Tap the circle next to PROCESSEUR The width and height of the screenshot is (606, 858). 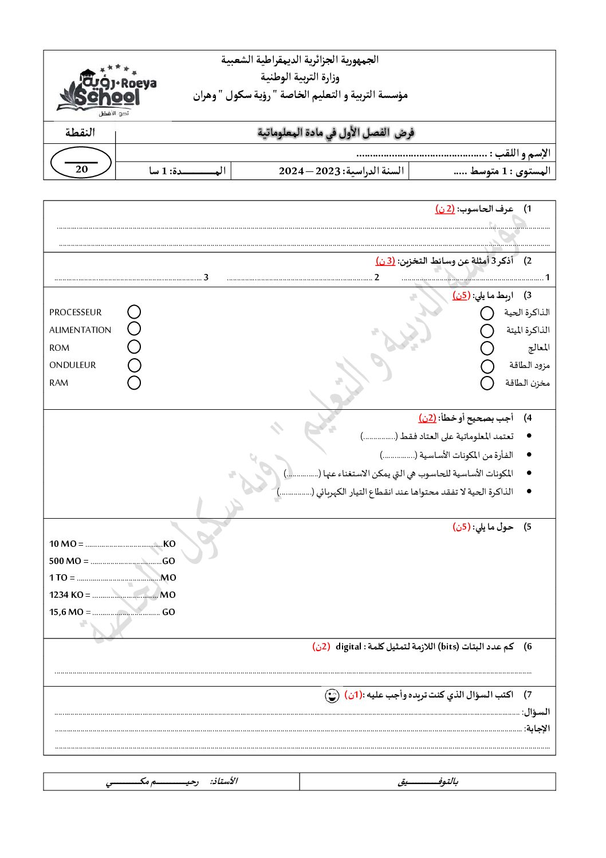click(134, 312)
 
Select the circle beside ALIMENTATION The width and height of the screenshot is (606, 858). click(134, 328)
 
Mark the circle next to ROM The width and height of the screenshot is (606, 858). click(134, 347)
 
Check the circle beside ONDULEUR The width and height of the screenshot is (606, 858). click(134, 365)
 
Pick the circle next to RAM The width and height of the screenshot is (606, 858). click(134, 382)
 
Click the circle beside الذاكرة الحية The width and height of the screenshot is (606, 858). click(487, 313)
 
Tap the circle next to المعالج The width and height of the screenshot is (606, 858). click(487, 348)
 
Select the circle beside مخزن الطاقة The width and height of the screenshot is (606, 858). click(487, 383)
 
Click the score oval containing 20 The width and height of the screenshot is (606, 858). click(81, 163)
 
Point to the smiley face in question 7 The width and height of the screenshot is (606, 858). click(332, 696)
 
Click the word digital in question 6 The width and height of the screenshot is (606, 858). click(348, 647)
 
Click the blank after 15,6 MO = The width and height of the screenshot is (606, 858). click(126, 613)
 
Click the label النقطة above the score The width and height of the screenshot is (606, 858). click(80, 132)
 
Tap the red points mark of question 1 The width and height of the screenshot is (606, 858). click(445, 209)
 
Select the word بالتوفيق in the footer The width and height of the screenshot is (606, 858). click(428, 781)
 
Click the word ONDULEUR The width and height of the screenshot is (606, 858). click(73, 365)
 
